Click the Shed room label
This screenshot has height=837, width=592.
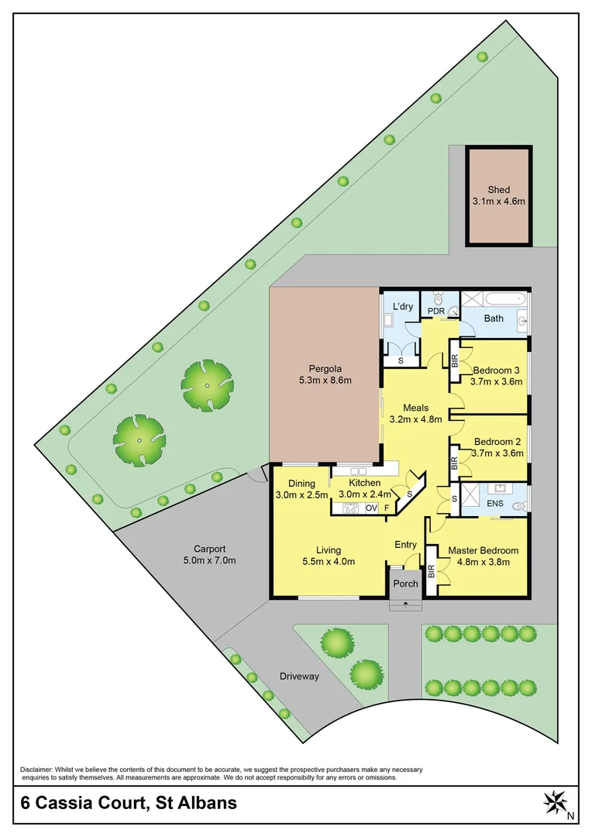click(x=499, y=190)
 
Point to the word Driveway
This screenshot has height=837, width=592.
click(x=299, y=676)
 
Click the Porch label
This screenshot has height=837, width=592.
click(x=405, y=584)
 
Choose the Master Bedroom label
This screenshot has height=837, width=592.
click(x=484, y=551)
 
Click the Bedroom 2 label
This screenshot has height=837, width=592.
click(x=497, y=442)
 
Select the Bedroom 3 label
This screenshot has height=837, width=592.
click(x=497, y=369)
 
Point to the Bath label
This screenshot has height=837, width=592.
click(x=494, y=318)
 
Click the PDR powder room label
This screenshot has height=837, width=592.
click(x=435, y=311)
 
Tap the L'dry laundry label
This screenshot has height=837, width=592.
click(x=403, y=307)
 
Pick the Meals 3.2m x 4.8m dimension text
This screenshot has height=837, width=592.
click(x=416, y=419)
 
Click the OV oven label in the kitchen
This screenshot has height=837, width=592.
click(x=371, y=508)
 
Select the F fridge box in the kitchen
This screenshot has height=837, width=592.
click(x=387, y=508)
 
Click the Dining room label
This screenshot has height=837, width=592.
click(x=301, y=484)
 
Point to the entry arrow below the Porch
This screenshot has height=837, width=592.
click(x=405, y=604)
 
